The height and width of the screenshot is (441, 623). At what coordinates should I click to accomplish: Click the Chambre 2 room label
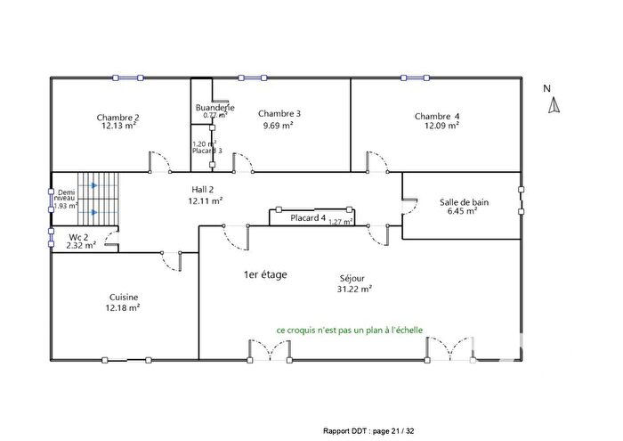pyautogui.click(x=117, y=117)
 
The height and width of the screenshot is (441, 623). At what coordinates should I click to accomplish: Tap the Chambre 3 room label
pyautogui.click(x=279, y=113)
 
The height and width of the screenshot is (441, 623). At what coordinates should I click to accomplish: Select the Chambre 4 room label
pyautogui.click(x=437, y=116)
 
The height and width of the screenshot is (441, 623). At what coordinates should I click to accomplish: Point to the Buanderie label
pyautogui.click(x=214, y=108)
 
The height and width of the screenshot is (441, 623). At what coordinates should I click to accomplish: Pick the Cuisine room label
pyautogui.click(x=124, y=298)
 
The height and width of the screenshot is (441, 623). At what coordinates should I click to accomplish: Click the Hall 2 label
pyautogui.click(x=205, y=190)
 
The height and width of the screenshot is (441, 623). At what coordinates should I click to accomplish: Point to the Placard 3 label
pyautogui.click(x=206, y=151)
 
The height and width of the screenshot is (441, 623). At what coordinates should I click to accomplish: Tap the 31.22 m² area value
pyautogui.click(x=355, y=288)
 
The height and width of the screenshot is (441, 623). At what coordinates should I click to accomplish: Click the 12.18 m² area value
pyautogui.click(x=124, y=308)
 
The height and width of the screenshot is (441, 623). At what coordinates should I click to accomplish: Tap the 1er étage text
pyautogui.click(x=265, y=274)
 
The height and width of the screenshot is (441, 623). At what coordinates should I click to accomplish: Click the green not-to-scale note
pyautogui.click(x=349, y=330)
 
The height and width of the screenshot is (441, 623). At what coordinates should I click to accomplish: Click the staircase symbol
pyautogui.click(x=97, y=200)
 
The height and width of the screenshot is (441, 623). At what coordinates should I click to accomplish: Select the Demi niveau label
pyautogui.click(x=65, y=198)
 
